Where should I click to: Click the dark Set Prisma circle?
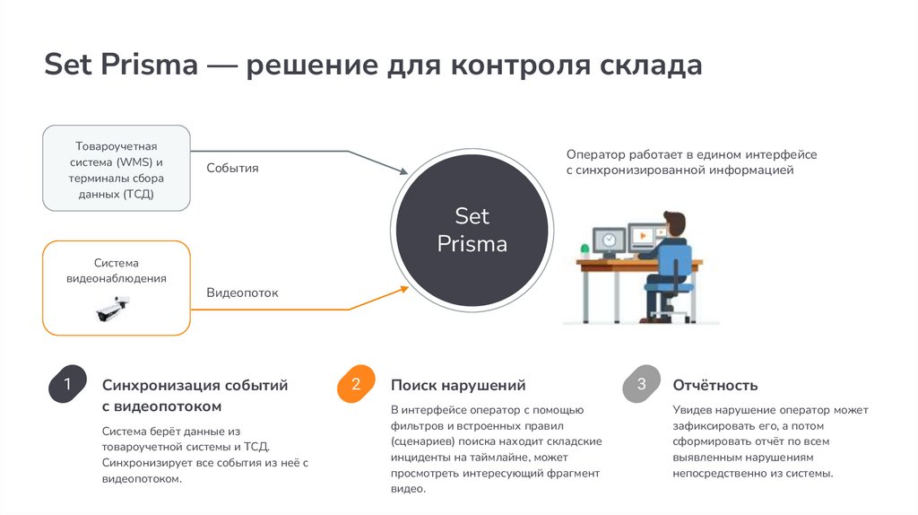pos(472,231)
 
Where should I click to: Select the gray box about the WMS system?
pos(117,169)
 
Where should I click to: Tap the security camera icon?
pos(113,310)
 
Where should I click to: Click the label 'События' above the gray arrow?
pos(232,168)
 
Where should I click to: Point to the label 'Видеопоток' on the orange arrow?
pos(242,292)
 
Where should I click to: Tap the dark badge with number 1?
pos(66,385)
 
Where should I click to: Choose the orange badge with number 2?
pos(355,385)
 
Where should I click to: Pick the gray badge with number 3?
pos(640,385)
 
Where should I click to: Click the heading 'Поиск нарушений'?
pos(457,386)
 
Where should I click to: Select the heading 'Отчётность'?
pos(714,386)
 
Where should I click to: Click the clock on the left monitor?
pos(609,240)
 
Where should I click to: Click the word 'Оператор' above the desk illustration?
pos(596,154)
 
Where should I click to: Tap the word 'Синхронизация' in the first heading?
pos(156,386)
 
